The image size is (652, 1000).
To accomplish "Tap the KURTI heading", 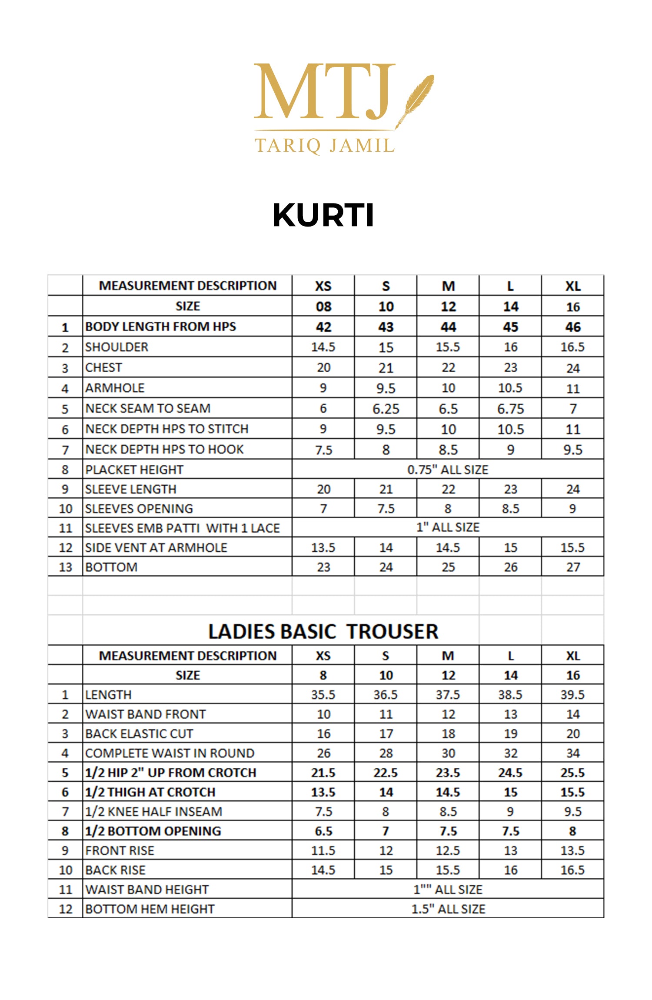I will coord(323,215).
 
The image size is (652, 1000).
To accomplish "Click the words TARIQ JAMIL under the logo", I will coord(325,146).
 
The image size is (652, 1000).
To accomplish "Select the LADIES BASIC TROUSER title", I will coord(323,631).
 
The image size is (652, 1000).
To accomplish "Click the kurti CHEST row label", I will coord(103,368).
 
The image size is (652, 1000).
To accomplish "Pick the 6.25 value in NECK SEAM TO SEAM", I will coord(386,409).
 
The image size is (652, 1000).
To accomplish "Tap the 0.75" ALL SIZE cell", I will coord(448,470).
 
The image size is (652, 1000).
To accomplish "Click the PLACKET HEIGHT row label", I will coord(134,470).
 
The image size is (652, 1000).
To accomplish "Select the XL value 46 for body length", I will coord(573,327).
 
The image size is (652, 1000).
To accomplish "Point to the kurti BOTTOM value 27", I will coord(573,567).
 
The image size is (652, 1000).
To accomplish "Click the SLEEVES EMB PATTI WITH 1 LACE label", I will coord(183,528).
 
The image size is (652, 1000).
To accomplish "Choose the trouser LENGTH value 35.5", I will coord(323,695).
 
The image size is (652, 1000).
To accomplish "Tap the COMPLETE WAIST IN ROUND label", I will coord(170,753).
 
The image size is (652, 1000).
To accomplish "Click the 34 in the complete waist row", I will coord(573,753).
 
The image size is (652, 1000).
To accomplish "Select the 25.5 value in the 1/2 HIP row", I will coord(573,773).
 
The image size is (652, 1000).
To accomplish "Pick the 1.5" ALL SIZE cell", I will coord(448,909).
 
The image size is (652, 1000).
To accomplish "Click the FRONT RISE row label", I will coord(120,850).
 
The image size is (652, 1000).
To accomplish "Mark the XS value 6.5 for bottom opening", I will coord(323,831).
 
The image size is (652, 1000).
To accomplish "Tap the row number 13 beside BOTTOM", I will coord(65,567).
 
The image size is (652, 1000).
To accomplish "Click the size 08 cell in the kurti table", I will coord(323,307).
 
